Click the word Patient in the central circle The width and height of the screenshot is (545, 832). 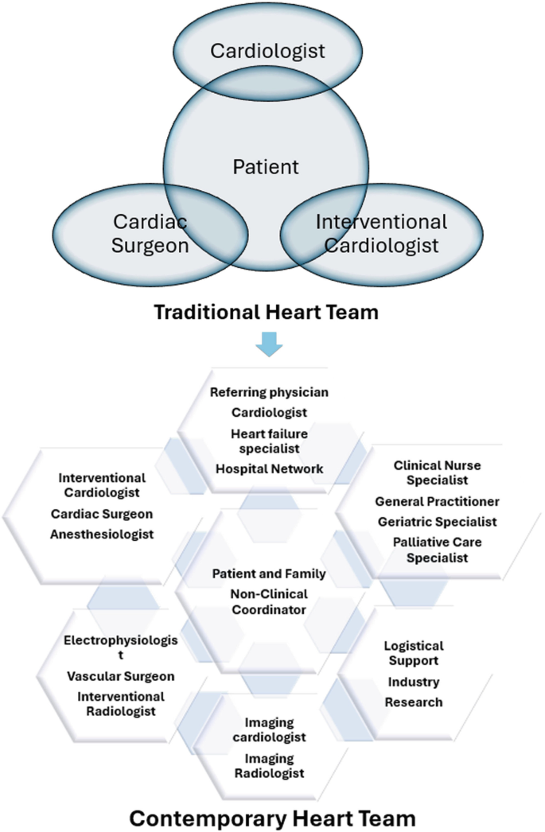266,167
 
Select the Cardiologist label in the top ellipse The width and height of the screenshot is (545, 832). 267,51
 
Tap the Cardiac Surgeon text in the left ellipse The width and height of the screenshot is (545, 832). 150,233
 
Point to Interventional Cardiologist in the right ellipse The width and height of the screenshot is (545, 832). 381,233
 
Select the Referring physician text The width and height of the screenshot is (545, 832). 269,392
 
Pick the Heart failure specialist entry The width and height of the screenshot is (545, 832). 269,440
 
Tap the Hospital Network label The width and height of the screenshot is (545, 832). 269,468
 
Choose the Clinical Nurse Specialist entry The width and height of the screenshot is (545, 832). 437,472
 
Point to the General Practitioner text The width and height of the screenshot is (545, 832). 437,501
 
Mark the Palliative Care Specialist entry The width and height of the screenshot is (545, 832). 437,550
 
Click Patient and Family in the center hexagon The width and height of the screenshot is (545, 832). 269,573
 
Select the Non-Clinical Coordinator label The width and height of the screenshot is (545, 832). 269,601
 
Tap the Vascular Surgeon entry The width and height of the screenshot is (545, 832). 120,676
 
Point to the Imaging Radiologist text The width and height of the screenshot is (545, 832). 269,765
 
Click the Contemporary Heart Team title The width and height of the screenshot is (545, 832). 272,816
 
